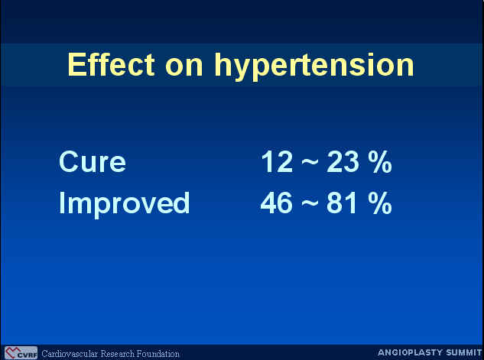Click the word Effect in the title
coord(111,64)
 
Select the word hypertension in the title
coord(314,66)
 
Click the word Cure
coord(93,161)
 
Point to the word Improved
coord(124,203)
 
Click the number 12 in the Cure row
coord(277,161)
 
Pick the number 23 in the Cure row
coord(343,161)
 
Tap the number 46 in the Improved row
coord(276,203)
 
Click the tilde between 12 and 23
coord(310,163)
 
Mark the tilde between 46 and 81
coord(310,203)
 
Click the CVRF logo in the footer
coord(21,353)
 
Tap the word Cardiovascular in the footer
coord(70,354)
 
